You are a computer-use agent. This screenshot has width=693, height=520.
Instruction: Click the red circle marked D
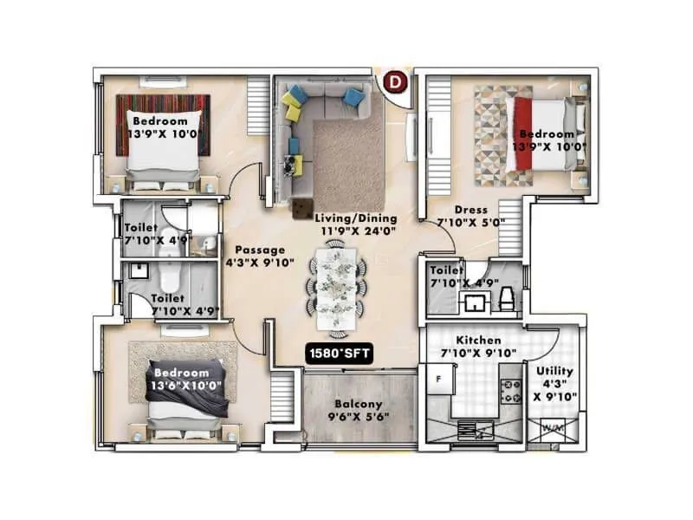[396, 82]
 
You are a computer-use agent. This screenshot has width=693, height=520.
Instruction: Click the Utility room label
[555, 371]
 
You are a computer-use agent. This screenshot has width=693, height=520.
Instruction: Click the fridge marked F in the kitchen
[439, 380]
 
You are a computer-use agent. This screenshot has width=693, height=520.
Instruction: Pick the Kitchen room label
[478, 341]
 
